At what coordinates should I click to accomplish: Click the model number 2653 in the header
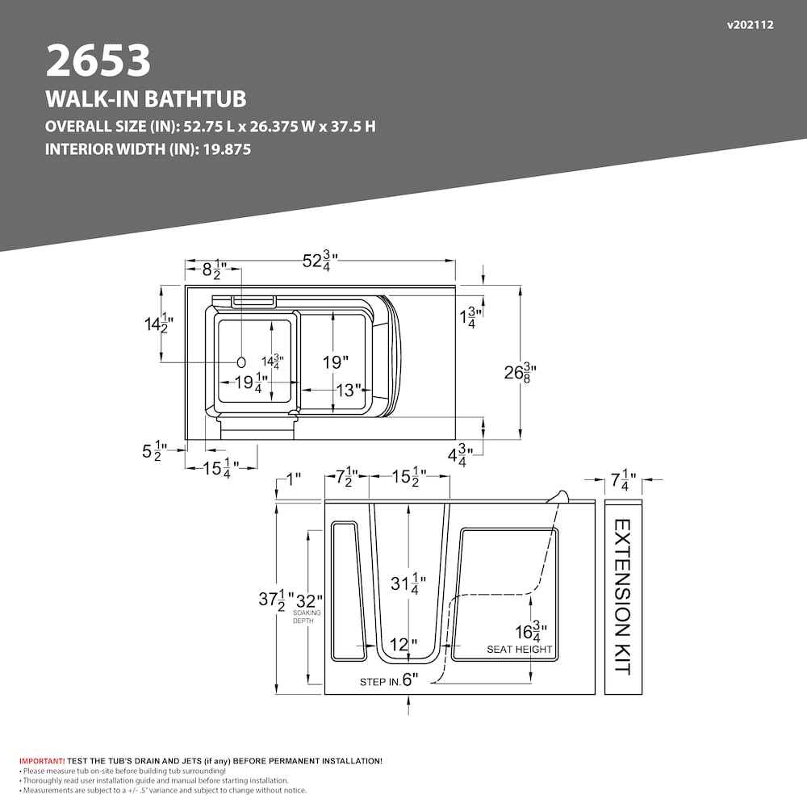pyautogui.click(x=98, y=61)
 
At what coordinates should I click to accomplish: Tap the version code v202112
pyautogui.click(x=750, y=25)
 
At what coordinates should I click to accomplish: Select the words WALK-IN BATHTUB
pyautogui.click(x=145, y=98)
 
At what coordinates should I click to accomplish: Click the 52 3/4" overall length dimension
pyautogui.click(x=320, y=261)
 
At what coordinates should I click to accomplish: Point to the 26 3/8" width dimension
pyautogui.click(x=521, y=372)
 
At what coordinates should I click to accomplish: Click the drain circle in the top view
pyautogui.click(x=240, y=362)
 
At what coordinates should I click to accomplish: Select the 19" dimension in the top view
pyautogui.click(x=336, y=362)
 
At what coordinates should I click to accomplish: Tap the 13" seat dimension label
pyautogui.click(x=349, y=390)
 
